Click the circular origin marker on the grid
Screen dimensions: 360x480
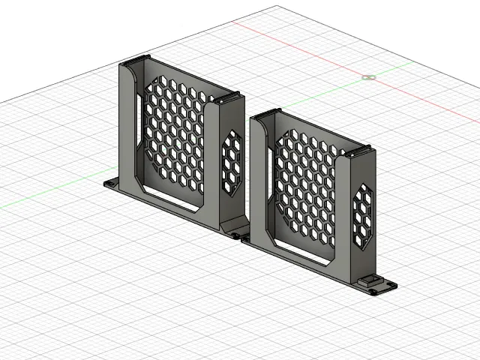(x=368, y=77)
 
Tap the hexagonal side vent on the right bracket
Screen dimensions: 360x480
(x=363, y=217)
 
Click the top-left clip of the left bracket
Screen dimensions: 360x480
(x=136, y=60)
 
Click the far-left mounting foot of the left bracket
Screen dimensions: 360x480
(x=110, y=183)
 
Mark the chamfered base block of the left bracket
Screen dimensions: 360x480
(x=232, y=226)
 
